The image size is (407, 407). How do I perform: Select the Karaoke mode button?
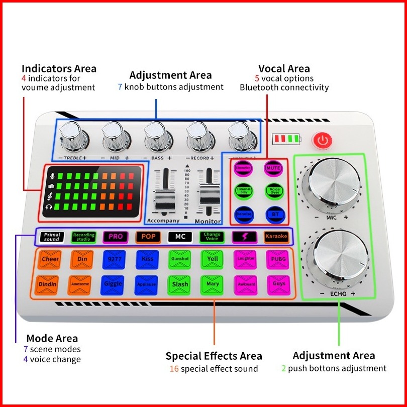click(x=276, y=236)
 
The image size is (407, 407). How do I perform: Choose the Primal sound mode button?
click(x=52, y=237)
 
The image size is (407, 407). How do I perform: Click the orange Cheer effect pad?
click(x=50, y=259)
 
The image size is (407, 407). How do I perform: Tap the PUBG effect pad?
click(x=277, y=259)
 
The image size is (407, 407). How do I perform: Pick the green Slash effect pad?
click(x=179, y=284)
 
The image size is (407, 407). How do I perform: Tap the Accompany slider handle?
click(x=164, y=200)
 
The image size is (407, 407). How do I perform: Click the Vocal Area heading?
click(x=284, y=68)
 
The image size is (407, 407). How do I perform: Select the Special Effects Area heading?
click(x=214, y=356)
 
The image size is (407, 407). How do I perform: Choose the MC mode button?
click(x=179, y=236)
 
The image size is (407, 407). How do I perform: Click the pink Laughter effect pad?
click(x=245, y=259)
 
